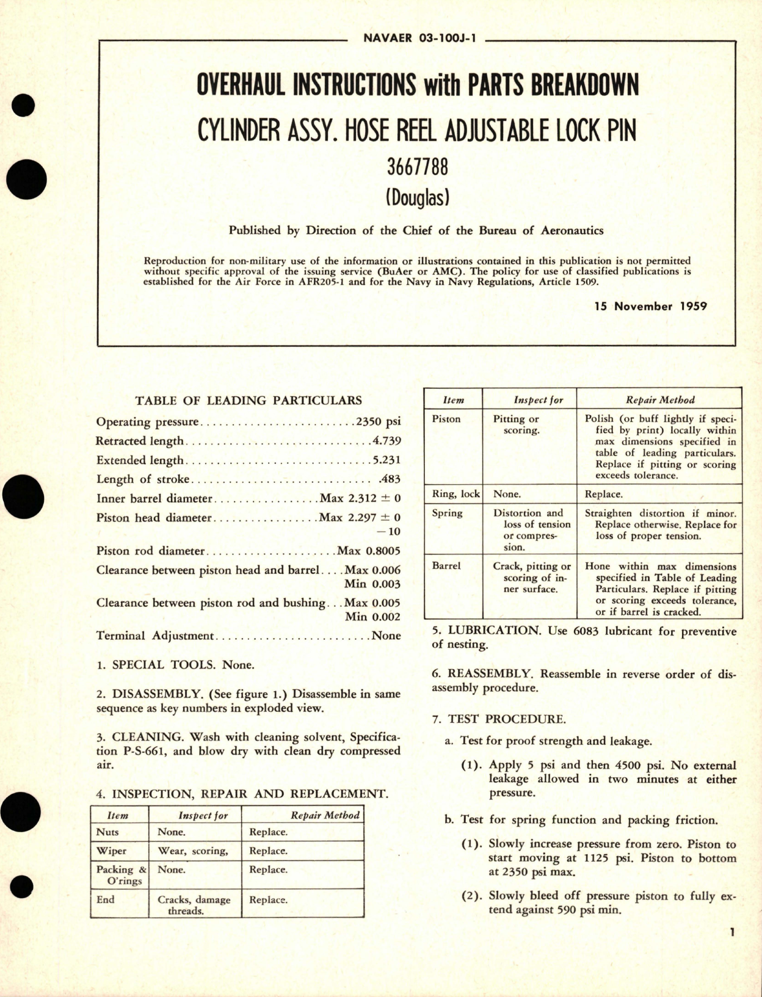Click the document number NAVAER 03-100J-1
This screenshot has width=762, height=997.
[x=415, y=38]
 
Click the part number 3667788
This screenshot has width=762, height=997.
[x=418, y=166]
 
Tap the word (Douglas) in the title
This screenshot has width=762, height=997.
[x=418, y=198]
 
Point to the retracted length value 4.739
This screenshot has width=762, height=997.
[x=386, y=441]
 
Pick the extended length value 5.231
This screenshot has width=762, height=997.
[x=386, y=460]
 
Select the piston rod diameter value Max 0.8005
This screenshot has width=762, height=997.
[x=369, y=551]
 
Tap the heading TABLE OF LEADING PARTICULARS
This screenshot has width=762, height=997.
[x=248, y=401]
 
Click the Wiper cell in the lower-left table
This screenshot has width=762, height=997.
[x=111, y=851]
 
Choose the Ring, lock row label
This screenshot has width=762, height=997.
[x=455, y=494]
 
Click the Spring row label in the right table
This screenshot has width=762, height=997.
[x=447, y=513]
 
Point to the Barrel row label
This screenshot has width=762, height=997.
[x=446, y=566]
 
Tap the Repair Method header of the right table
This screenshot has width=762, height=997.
[x=660, y=401]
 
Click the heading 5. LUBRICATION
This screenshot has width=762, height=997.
[x=486, y=631]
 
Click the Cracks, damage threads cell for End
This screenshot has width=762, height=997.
[x=194, y=905]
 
